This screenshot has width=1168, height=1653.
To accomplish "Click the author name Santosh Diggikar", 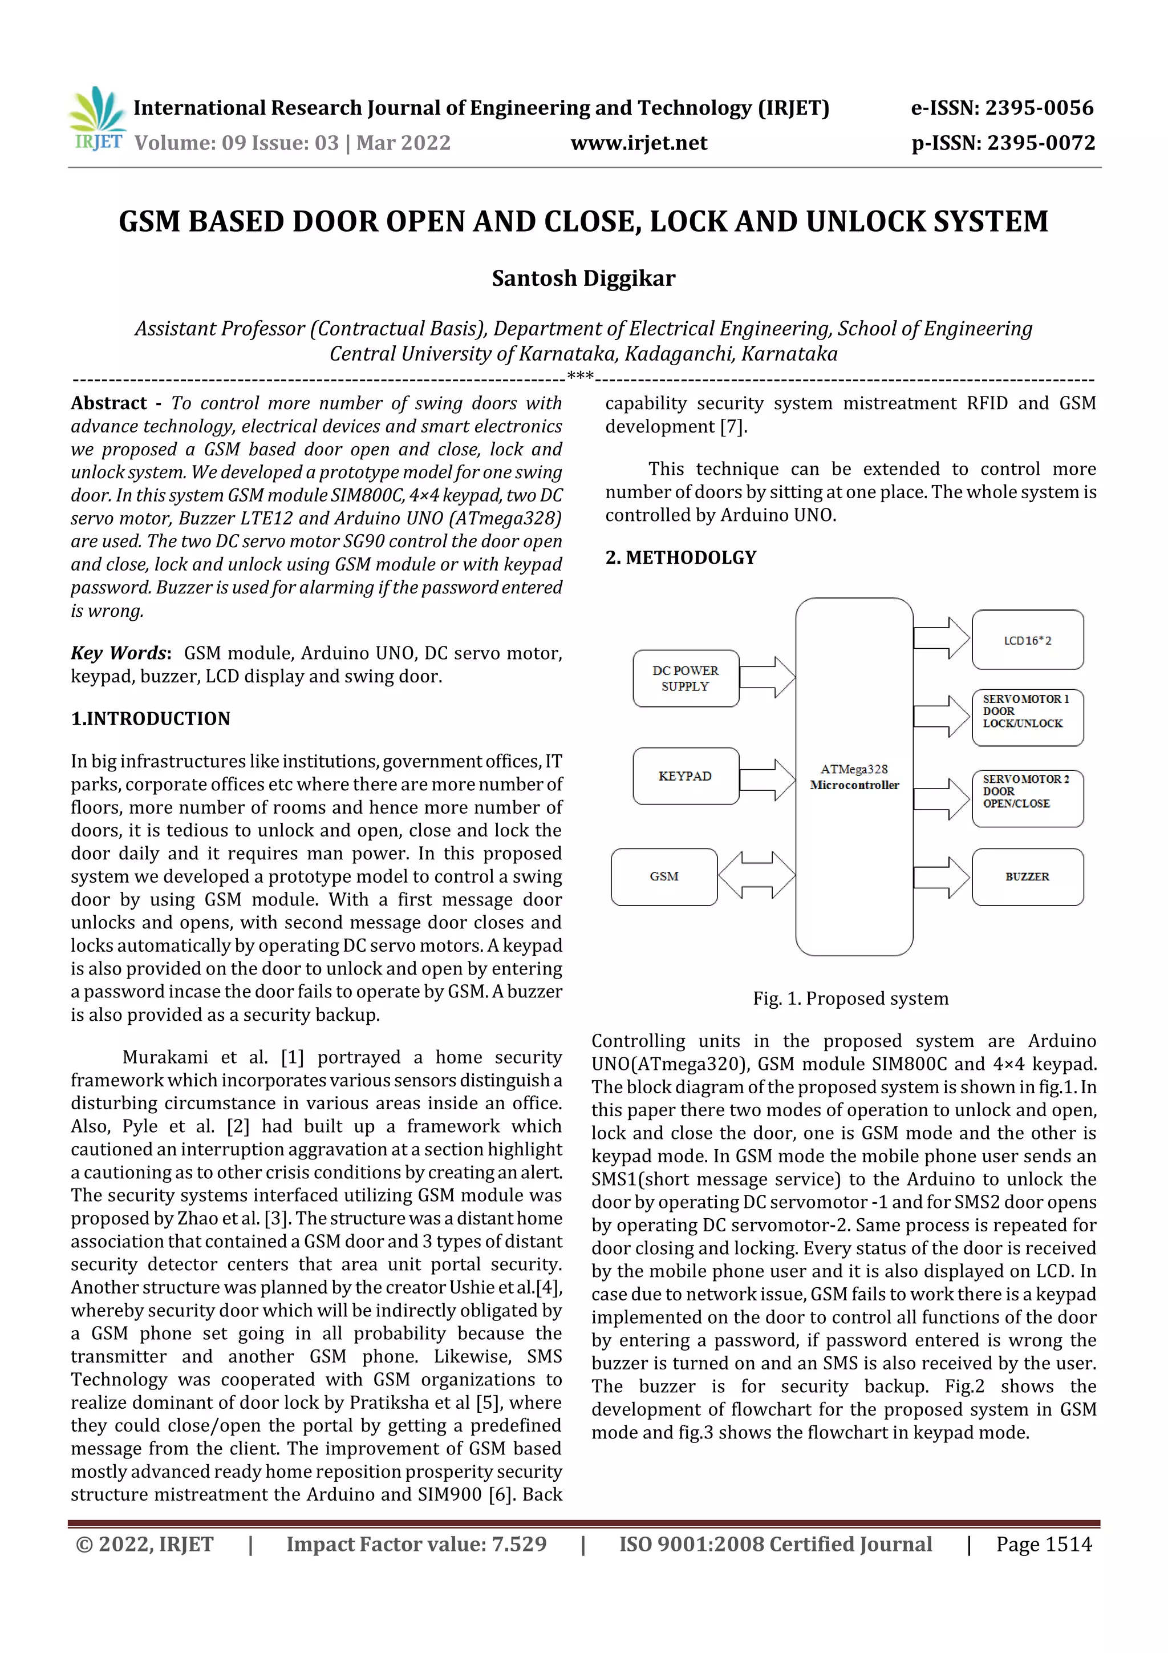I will (583, 278).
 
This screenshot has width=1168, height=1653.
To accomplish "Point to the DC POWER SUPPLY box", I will (685, 678).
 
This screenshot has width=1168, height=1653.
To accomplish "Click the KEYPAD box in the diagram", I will (685, 776).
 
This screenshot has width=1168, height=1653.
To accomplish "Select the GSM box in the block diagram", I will (663, 876).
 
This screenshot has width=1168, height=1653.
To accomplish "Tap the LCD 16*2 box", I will (1027, 640).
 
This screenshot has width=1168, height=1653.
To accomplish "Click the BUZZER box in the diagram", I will (1027, 876).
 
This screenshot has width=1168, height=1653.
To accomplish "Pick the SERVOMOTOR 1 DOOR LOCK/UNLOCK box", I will (1027, 717).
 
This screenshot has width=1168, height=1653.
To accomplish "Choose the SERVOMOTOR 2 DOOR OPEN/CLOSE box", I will (1027, 798).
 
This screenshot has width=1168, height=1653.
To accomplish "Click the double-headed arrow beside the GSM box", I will (756, 875).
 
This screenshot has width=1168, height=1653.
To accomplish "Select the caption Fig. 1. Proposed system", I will (851, 999).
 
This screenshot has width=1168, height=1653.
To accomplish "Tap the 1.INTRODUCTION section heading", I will (151, 718).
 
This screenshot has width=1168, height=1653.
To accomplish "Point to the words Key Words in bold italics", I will (119, 653).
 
